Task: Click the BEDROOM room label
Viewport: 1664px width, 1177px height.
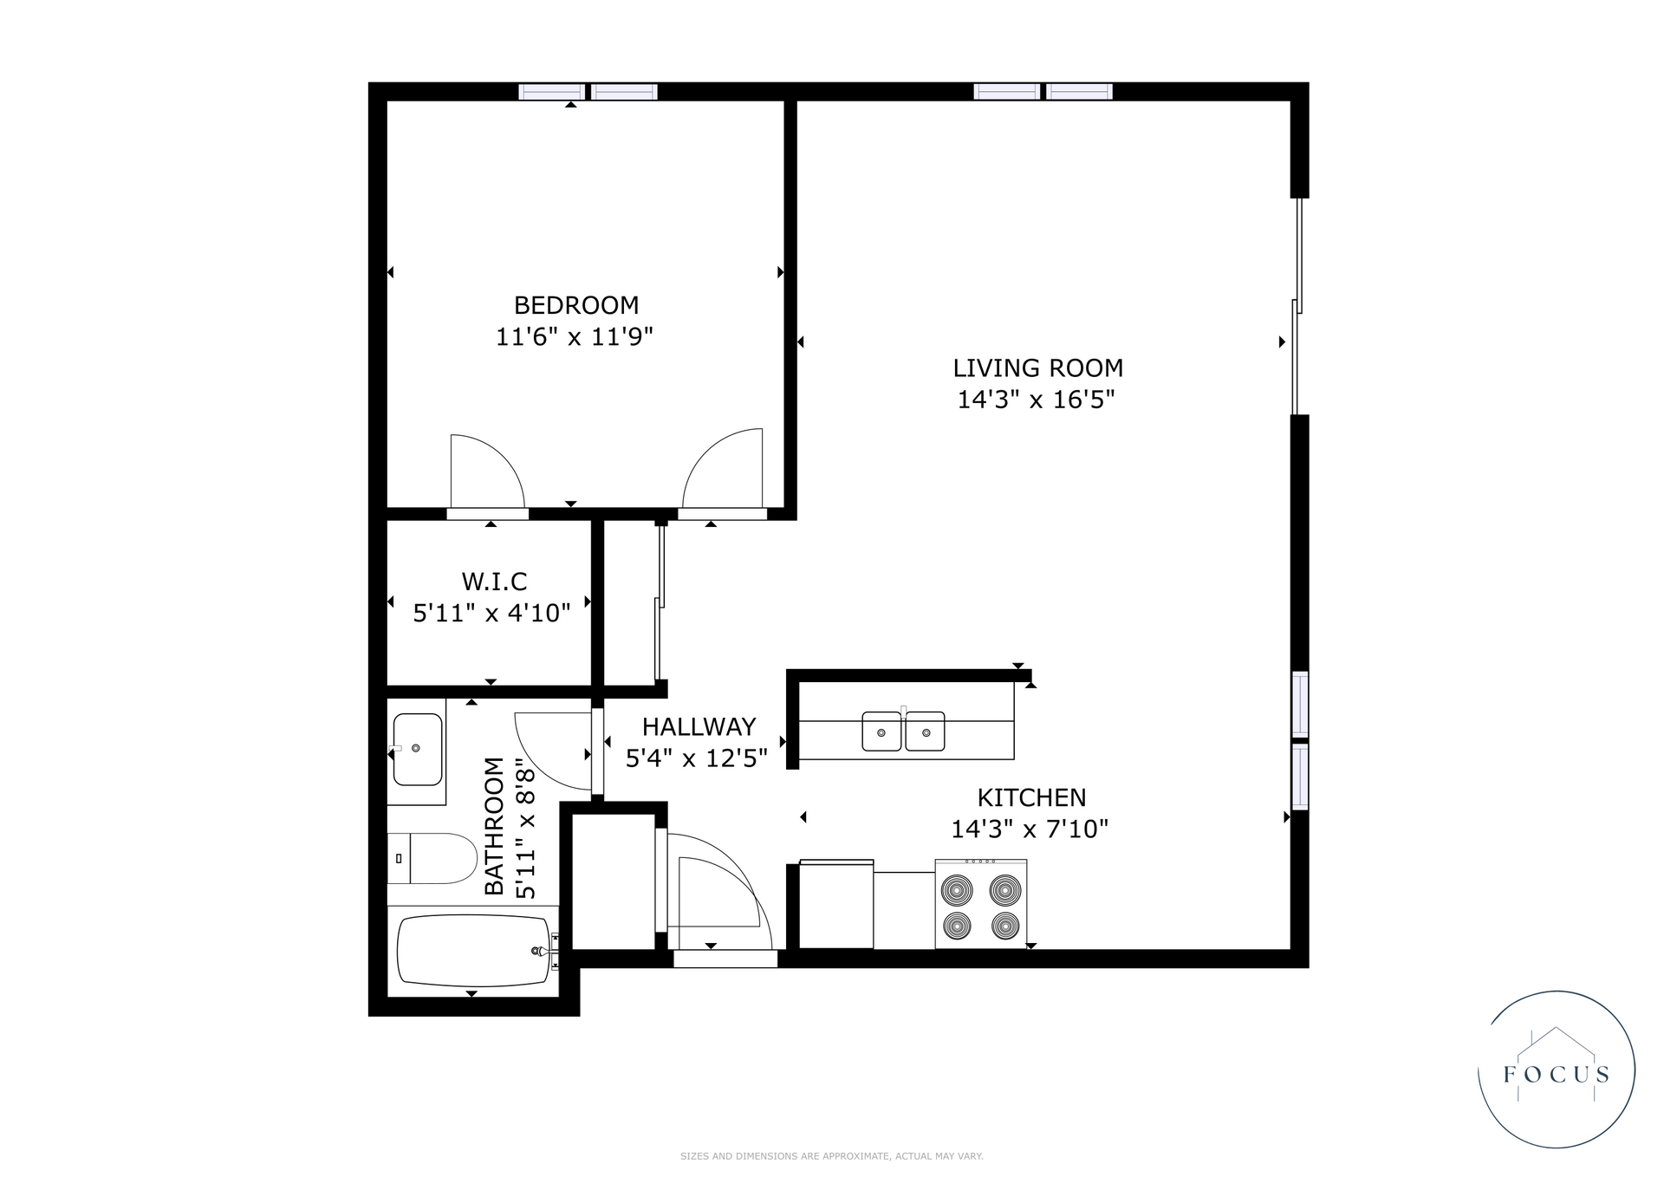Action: click(576, 305)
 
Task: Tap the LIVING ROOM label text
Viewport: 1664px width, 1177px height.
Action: click(1037, 368)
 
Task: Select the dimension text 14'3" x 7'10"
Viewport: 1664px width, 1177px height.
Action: click(1030, 829)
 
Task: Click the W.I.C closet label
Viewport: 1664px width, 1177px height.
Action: click(494, 581)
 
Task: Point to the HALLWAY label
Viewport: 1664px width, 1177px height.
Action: click(699, 726)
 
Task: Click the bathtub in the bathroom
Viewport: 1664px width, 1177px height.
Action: click(475, 951)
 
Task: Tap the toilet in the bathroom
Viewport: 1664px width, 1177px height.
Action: click(432, 858)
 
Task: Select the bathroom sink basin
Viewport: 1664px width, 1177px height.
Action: click(418, 749)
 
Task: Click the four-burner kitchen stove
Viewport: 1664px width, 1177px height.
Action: click(981, 903)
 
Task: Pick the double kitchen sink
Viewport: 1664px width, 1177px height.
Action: click(903, 731)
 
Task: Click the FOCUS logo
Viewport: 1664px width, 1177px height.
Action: click(1556, 1070)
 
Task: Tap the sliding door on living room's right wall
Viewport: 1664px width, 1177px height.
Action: click(1297, 308)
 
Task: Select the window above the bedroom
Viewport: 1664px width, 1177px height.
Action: click(588, 91)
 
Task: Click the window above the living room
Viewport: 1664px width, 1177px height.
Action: click(1043, 91)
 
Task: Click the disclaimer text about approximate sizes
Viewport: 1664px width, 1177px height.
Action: click(832, 1156)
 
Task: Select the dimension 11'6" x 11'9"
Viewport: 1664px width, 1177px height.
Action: click(574, 336)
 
